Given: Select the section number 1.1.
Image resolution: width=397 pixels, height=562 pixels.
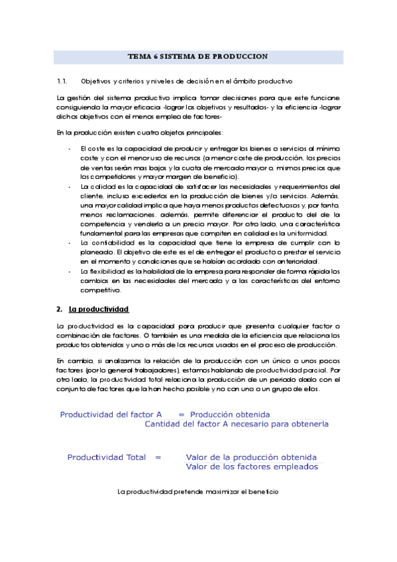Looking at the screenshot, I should [63, 82].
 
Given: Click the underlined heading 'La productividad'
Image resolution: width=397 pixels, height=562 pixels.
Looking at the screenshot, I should [98, 309].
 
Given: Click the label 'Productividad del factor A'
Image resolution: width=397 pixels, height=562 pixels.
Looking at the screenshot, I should [111, 414].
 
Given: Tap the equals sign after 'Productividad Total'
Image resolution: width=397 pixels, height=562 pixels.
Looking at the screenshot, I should [158, 457].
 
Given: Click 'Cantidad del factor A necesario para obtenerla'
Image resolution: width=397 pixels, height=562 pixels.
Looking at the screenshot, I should [237, 424].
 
